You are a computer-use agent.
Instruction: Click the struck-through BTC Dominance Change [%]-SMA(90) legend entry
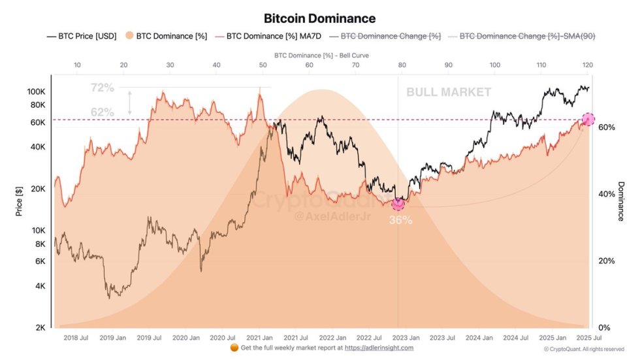(527, 36)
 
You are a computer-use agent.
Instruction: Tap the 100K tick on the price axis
(36, 91)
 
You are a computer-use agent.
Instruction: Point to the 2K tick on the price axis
(40, 327)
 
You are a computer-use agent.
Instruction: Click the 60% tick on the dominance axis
(607, 127)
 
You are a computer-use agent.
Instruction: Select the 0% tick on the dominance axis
(604, 327)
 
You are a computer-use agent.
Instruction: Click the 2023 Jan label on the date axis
(406, 338)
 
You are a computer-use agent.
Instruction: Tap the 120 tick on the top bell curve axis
(587, 65)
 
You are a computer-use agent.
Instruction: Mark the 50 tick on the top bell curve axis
(263, 65)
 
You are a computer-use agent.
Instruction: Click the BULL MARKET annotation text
(449, 92)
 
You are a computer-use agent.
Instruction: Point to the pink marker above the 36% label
(398, 204)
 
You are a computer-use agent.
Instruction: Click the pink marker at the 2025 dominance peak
(588, 119)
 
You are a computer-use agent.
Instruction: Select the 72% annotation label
(103, 87)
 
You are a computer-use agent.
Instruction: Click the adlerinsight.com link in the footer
(379, 348)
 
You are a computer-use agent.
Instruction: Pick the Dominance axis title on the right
(620, 201)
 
